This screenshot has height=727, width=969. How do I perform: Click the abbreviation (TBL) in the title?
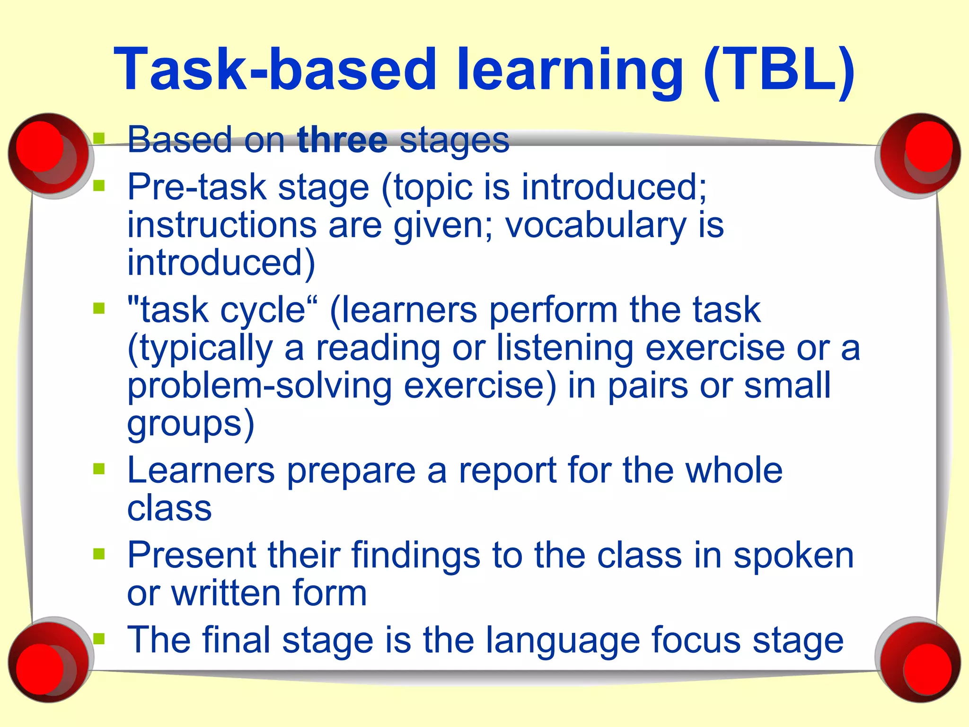pyautogui.click(x=779, y=70)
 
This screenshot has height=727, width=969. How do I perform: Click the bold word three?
pyautogui.click(x=343, y=140)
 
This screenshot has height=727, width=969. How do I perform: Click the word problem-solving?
pyautogui.click(x=259, y=386)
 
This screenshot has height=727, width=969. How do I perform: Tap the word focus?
pyautogui.click(x=696, y=640)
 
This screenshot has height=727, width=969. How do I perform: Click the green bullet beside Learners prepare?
pyautogui.click(x=99, y=469)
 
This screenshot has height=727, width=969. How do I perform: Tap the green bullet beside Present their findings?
pyautogui.click(x=99, y=554)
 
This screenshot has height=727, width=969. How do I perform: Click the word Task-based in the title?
pyautogui.click(x=274, y=70)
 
